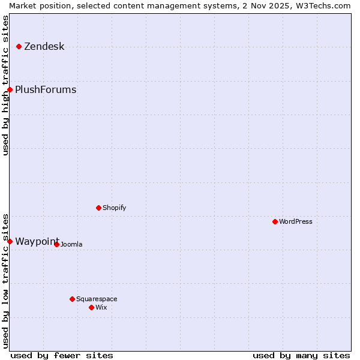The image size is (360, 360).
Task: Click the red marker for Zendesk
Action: click(x=19, y=46)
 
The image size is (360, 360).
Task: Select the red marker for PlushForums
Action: click(x=10, y=89)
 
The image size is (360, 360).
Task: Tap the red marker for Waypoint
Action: click(x=10, y=241)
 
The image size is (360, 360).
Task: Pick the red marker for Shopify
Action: click(x=98, y=208)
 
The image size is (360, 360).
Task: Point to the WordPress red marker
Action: click(x=275, y=221)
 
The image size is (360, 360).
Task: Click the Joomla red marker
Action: click(x=56, y=244)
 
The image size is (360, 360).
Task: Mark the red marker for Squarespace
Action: click(x=72, y=299)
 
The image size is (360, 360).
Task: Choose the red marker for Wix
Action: click(x=91, y=307)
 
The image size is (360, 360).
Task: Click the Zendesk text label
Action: click(x=44, y=47)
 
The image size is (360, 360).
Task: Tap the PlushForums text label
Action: click(x=46, y=90)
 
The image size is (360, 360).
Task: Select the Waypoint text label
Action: click(x=37, y=242)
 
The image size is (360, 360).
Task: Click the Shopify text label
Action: click(x=114, y=208)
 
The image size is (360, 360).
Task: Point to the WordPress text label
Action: click(x=295, y=221)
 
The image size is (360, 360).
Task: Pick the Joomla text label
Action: click(x=71, y=244)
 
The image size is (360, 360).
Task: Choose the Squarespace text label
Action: click(x=97, y=299)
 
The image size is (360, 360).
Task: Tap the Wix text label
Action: click(x=101, y=307)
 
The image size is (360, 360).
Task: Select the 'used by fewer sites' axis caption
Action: click(x=62, y=355)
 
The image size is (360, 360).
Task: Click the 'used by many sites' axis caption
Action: click(x=301, y=355)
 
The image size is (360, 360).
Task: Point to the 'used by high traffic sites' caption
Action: click(x=5, y=85)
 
